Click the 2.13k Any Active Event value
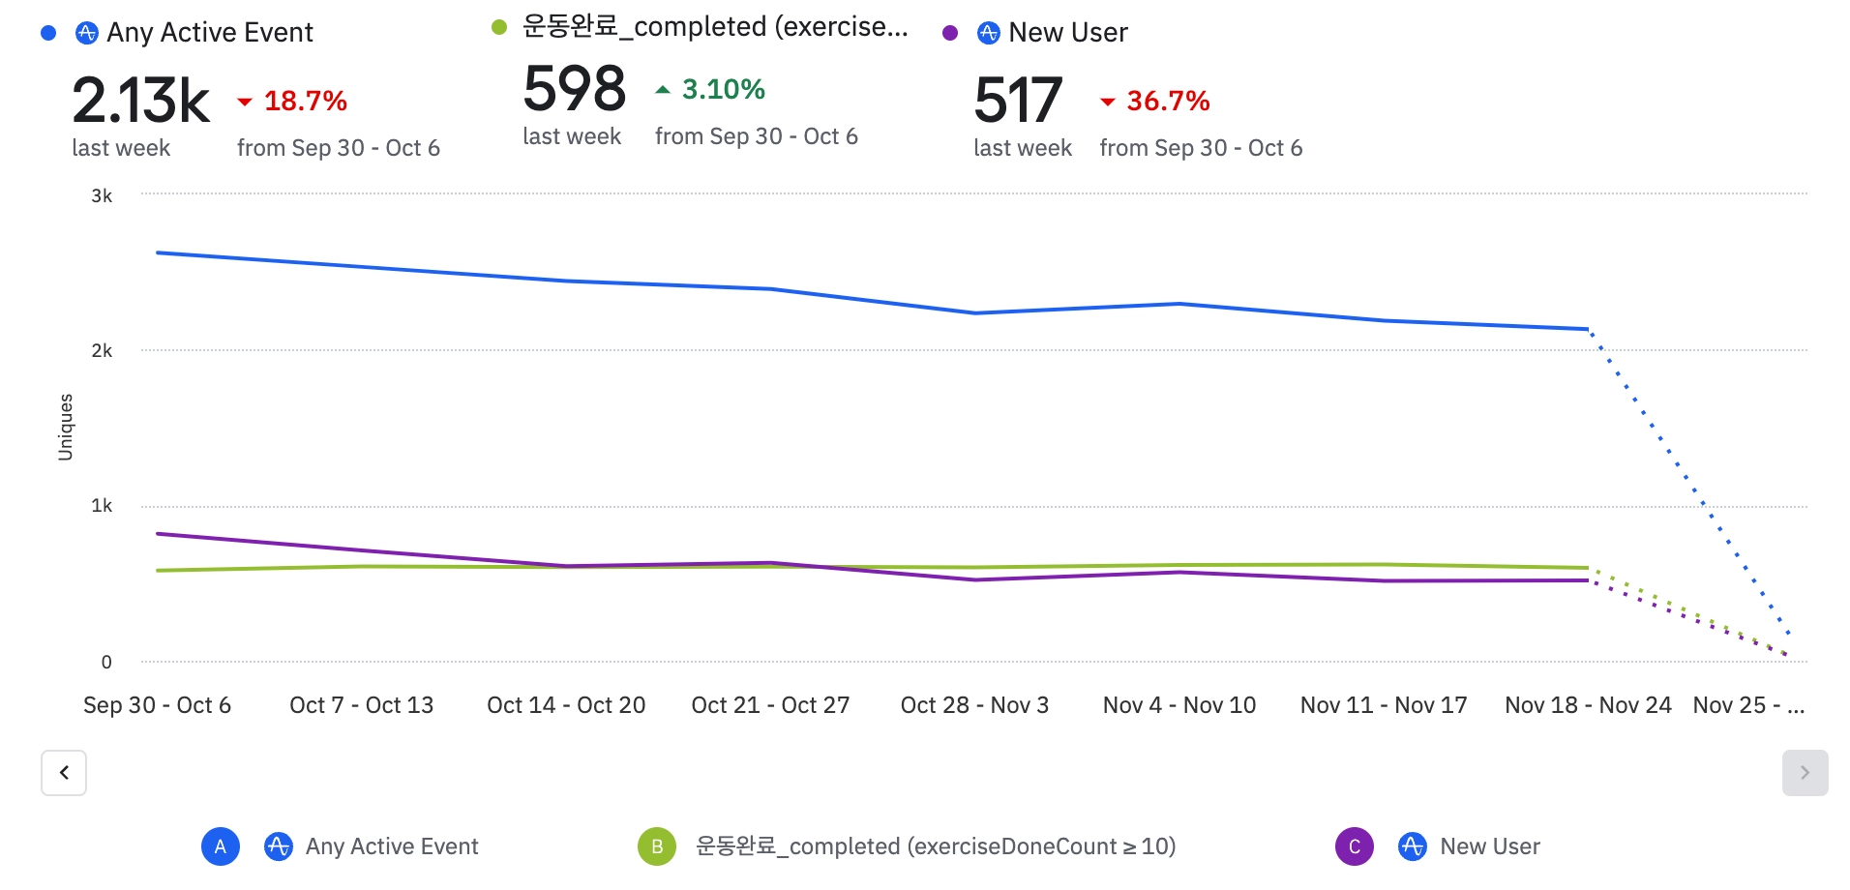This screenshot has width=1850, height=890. [140, 101]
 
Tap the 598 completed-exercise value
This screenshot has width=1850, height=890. [575, 89]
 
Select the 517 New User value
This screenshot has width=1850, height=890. [1018, 101]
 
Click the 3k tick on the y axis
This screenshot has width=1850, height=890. [102, 196]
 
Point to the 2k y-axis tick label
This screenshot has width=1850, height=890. [102, 351]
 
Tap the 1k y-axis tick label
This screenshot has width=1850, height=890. [102, 506]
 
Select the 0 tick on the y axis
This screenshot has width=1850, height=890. [106, 663]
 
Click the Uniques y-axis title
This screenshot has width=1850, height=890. [66, 427]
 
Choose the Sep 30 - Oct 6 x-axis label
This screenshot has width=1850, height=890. [157, 705]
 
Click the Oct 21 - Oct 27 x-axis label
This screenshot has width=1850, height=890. [770, 705]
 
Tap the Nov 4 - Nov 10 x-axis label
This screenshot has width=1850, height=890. [1179, 705]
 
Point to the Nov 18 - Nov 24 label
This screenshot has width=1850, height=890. [1588, 705]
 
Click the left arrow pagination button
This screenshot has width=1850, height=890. [64, 773]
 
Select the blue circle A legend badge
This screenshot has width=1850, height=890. [221, 846]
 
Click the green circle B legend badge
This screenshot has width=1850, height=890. [657, 846]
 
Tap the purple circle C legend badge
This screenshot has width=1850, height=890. [1355, 846]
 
